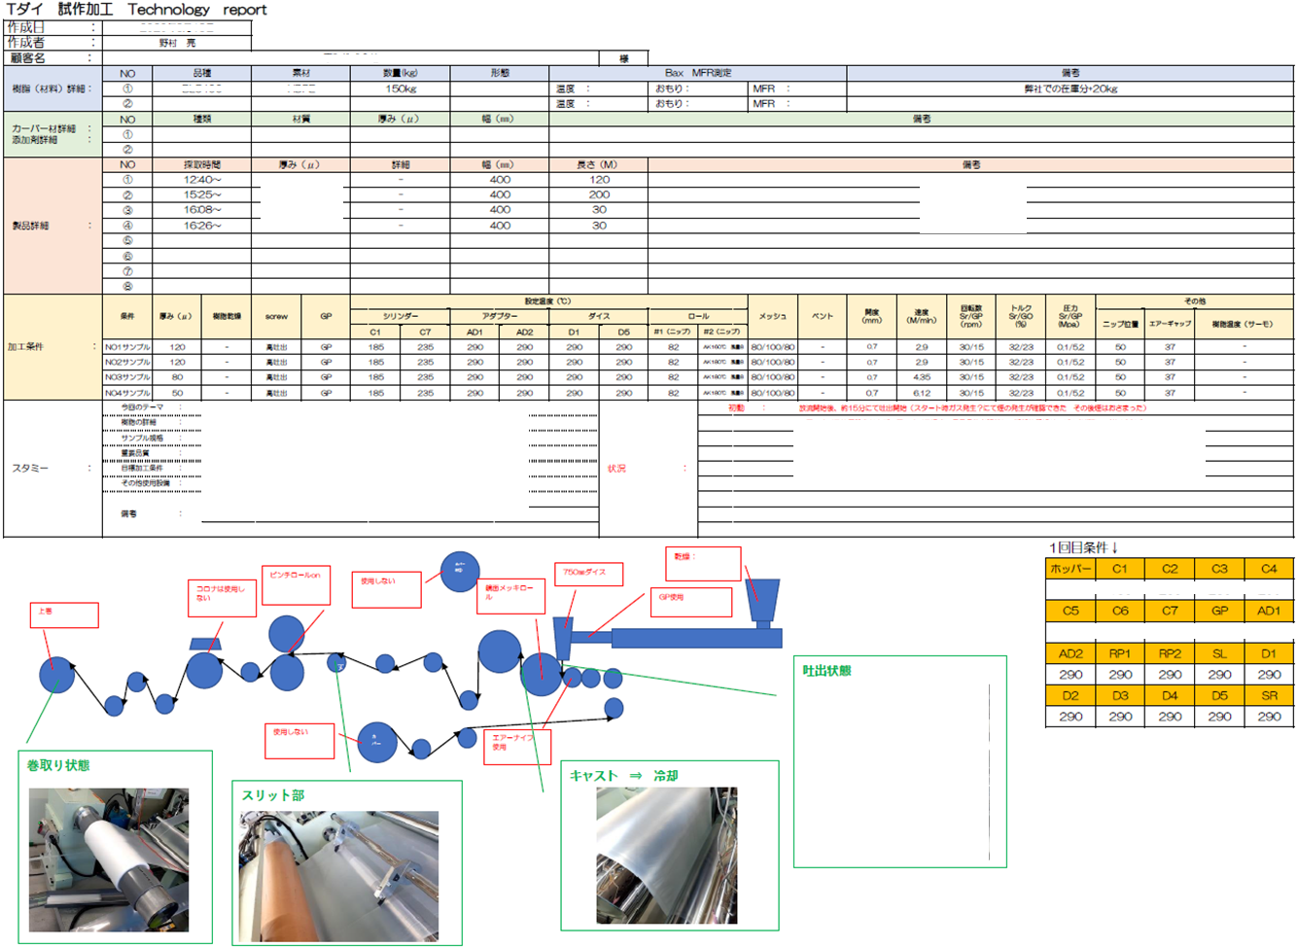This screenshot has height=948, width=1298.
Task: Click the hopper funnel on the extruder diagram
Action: point(762,601)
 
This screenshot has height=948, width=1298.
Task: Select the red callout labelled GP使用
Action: point(690,602)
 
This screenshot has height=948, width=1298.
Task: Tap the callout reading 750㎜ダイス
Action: point(588,574)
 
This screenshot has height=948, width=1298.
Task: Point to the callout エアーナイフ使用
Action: point(517,746)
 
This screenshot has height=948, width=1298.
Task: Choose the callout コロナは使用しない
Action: point(224,597)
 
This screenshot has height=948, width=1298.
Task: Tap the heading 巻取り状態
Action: point(58,766)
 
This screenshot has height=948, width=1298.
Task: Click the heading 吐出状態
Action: point(826,671)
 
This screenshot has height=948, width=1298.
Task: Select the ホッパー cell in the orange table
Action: point(1070,569)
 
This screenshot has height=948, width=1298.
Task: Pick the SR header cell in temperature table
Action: point(1269,696)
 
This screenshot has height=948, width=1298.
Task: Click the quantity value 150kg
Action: point(401,88)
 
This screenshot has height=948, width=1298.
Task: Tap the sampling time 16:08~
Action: point(202,210)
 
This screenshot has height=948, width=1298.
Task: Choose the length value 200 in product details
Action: point(599,194)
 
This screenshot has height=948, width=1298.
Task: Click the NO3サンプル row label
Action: point(127,377)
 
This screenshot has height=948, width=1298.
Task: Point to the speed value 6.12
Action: point(921,393)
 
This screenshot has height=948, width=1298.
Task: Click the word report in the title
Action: point(245,10)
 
